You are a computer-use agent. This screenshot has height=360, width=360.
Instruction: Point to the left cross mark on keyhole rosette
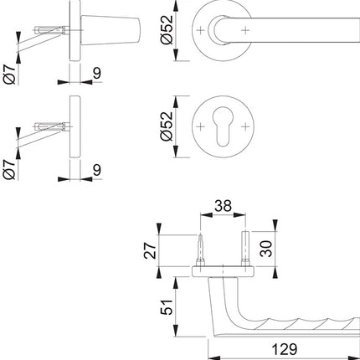[x=201, y=128]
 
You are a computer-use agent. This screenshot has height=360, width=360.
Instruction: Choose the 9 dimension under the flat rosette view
[x=98, y=170]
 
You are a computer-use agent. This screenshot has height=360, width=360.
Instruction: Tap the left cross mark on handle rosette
[x=201, y=30]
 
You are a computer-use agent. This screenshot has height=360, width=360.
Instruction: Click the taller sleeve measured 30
[x=244, y=248]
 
